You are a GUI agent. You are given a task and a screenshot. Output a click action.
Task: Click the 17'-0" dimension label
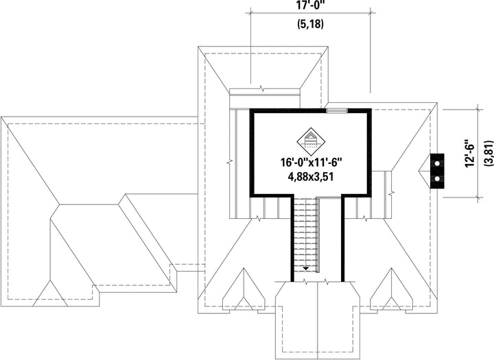tap(311, 5)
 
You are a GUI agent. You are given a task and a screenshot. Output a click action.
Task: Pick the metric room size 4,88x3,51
tap(311, 177)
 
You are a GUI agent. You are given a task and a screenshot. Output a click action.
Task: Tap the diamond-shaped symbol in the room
tap(311, 141)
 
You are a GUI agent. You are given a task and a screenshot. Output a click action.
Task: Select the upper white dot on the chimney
tap(437, 164)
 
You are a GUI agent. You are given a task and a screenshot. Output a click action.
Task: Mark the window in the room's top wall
tap(336, 110)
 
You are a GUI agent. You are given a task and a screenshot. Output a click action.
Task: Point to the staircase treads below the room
tap(305, 232)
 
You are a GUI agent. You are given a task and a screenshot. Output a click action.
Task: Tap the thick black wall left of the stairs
tap(292, 238)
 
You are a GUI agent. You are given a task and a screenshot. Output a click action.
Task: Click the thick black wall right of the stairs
tap(343, 238)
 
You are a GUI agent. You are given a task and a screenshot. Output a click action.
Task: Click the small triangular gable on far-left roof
tap(50, 293)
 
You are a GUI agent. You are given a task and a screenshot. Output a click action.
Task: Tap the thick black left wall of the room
tap(252, 152)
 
